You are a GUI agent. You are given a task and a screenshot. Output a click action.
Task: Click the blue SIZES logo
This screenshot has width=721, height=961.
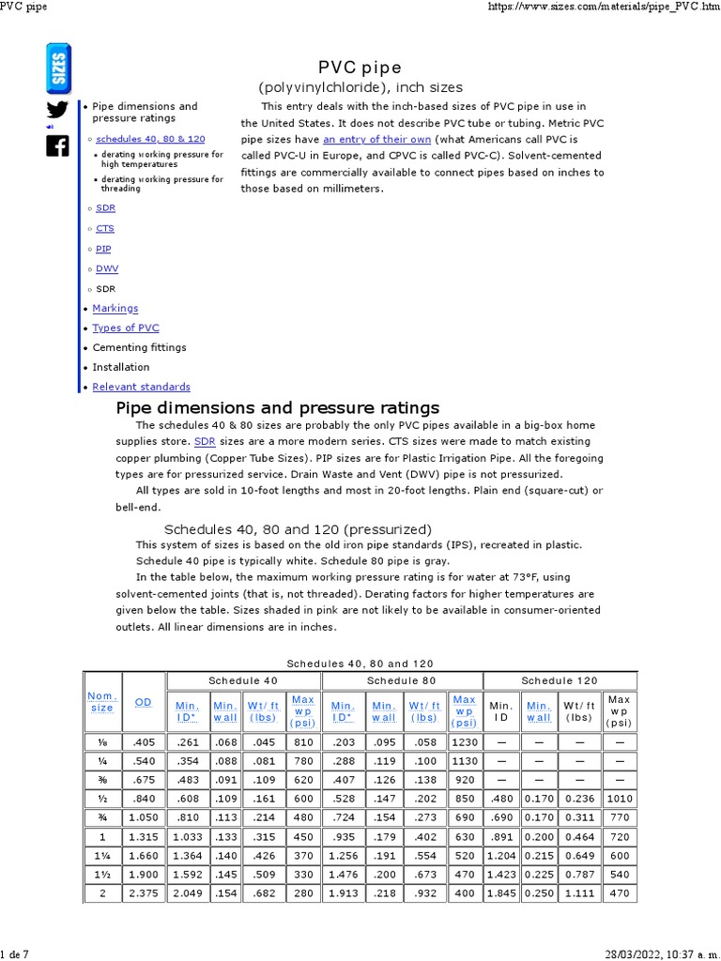(57, 68)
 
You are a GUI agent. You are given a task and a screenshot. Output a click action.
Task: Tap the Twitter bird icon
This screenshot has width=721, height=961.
(57, 110)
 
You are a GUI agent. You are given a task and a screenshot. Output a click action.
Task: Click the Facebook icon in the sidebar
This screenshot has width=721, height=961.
(57, 145)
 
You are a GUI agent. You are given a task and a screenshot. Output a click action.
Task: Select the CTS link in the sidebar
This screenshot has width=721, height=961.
(105, 228)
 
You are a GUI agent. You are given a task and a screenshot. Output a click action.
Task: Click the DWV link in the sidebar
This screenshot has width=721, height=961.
(106, 268)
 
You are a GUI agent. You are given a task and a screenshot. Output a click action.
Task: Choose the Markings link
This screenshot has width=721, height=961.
(115, 308)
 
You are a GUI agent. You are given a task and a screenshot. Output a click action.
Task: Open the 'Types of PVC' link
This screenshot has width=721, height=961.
(126, 328)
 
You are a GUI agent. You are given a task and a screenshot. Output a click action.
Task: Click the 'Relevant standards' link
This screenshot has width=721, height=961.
(141, 387)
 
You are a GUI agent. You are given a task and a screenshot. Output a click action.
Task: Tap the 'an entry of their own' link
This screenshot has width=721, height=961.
(376, 139)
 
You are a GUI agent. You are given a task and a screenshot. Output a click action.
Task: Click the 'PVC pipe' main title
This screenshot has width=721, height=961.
(360, 68)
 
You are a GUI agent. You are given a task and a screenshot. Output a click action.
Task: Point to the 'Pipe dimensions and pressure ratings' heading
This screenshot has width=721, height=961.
(277, 408)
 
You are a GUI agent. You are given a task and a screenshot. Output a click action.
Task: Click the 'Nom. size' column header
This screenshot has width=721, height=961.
(101, 702)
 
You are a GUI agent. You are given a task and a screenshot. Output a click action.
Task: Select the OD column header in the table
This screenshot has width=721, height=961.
(143, 702)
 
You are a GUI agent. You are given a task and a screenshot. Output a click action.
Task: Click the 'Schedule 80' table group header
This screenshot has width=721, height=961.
(401, 680)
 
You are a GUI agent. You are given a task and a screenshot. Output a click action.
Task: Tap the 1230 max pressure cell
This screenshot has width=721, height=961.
(464, 742)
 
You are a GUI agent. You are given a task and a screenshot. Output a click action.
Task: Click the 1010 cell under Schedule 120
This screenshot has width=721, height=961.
(619, 799)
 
